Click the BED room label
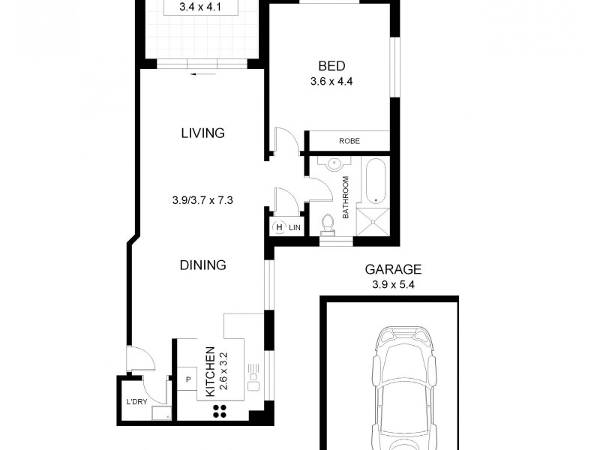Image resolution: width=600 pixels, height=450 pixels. [x=332, y=66]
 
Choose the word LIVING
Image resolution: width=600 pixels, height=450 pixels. [x=202, y=133]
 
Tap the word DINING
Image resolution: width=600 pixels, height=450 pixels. [x=202, y=265]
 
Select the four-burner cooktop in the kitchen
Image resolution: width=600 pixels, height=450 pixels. [x=221, y=409]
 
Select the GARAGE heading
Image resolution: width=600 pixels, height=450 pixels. [x=393, y=268]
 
